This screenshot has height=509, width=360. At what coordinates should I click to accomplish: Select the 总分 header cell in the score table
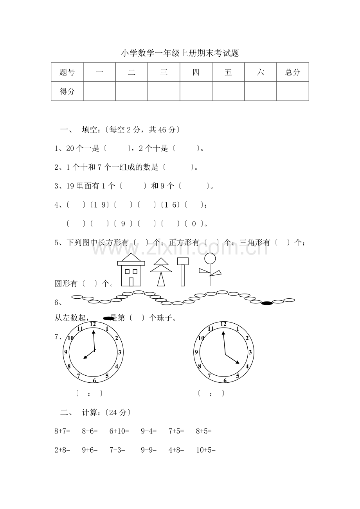(x=293, y=72)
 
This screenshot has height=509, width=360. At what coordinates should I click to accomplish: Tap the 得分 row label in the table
(x=67, y=91)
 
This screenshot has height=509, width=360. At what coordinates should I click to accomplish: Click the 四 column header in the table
(x=196, y=72)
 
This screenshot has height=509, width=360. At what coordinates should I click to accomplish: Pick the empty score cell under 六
(x=260, y=91)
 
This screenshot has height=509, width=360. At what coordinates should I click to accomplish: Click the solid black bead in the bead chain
(x=267, y=303)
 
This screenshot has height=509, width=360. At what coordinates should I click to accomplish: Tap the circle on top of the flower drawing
(x=210, y=258)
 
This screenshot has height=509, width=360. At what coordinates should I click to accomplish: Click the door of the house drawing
(x=131, y=281)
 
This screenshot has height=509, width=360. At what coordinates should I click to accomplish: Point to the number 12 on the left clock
(x=93, y=324)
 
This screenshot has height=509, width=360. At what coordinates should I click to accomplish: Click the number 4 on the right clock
(x=247, y=366)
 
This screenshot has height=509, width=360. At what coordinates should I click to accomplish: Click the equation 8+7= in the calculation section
(x=62, y=431)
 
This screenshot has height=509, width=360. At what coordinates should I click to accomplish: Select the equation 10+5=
(x=206, y=450)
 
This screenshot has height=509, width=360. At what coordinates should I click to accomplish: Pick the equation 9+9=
(x=149, y=450)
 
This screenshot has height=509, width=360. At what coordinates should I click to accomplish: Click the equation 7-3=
(x=117, y=450)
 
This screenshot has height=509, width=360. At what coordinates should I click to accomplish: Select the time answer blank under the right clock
(x=211, y=394)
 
